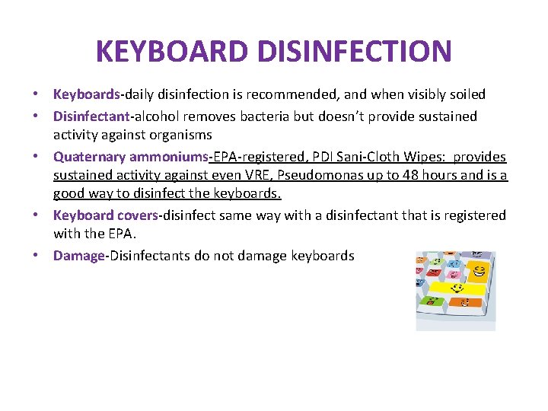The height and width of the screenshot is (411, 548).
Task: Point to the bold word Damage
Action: point(78,256)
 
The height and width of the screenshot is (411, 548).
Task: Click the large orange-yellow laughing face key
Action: point(479,271)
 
